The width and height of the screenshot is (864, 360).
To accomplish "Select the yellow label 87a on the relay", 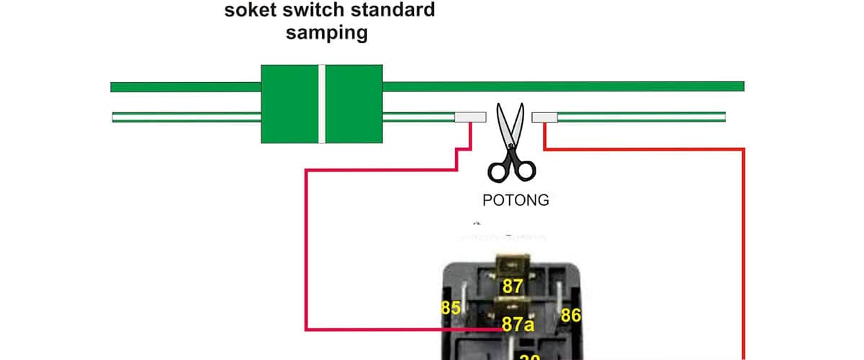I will point(518,324).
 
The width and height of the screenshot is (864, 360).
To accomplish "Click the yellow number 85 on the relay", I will point(450,309).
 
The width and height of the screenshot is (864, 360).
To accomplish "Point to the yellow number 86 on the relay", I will point(571,315).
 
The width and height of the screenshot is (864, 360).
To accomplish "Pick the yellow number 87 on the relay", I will point(513,287).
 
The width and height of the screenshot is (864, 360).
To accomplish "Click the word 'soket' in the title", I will point(249,11).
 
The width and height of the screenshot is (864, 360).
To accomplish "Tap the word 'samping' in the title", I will point(327,33).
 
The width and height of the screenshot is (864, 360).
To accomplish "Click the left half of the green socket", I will point(289,104).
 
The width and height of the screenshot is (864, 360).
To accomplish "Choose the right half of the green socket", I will point(354,104).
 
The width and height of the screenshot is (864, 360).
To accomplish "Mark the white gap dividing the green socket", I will point(322,104).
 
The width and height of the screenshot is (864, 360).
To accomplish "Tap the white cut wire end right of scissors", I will point(544,117).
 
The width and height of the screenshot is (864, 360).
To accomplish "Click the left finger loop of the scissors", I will point(498,171).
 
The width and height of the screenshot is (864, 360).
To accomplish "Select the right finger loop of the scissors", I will point(526,170).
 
